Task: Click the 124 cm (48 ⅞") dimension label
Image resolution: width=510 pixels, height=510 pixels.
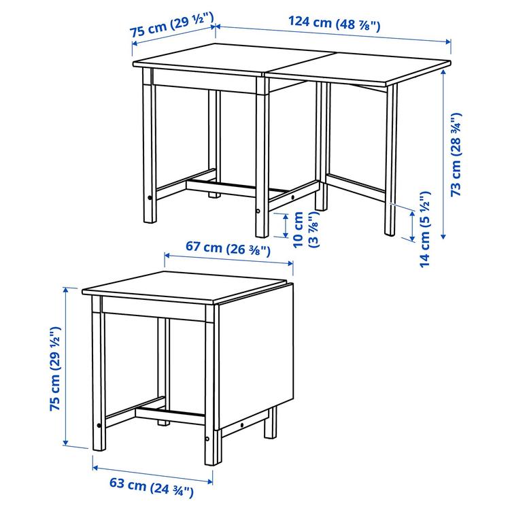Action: [334, 22]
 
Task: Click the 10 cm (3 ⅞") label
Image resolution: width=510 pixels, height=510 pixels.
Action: [301, 229]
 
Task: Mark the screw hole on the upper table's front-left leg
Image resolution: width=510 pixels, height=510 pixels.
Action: [150, 199]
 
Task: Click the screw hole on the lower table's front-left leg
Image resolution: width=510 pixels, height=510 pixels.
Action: [99, 426]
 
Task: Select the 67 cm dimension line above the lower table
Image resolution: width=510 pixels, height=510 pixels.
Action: [228, 262]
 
